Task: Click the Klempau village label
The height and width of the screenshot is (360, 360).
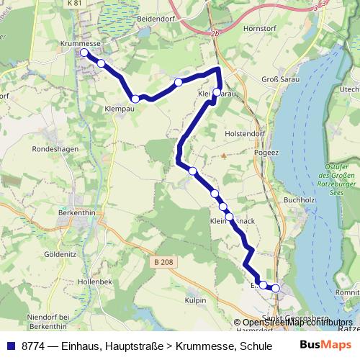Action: pos(120,109)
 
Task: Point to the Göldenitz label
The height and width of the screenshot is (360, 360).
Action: pos(60,255)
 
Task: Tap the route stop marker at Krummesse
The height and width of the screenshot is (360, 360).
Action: pos(84,53)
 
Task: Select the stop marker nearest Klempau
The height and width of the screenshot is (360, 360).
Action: pos(135,99)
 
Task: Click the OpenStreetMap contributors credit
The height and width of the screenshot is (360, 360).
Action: pos(297,323)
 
